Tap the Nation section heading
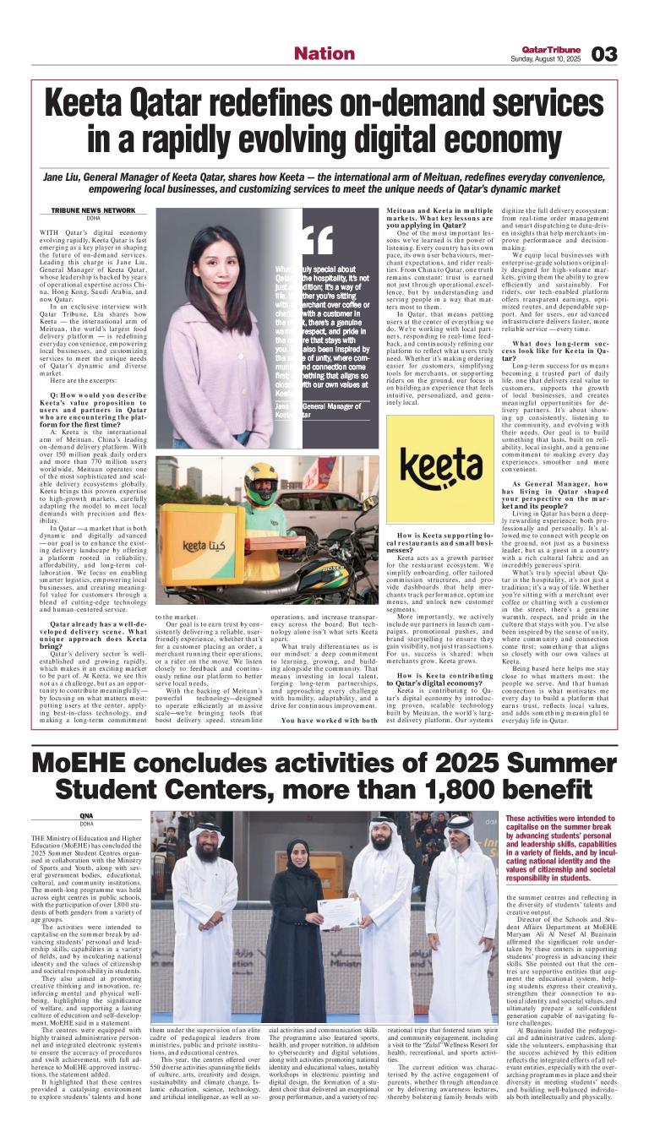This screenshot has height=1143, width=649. (324, 54)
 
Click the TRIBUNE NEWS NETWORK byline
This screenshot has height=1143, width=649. (93, 209)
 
